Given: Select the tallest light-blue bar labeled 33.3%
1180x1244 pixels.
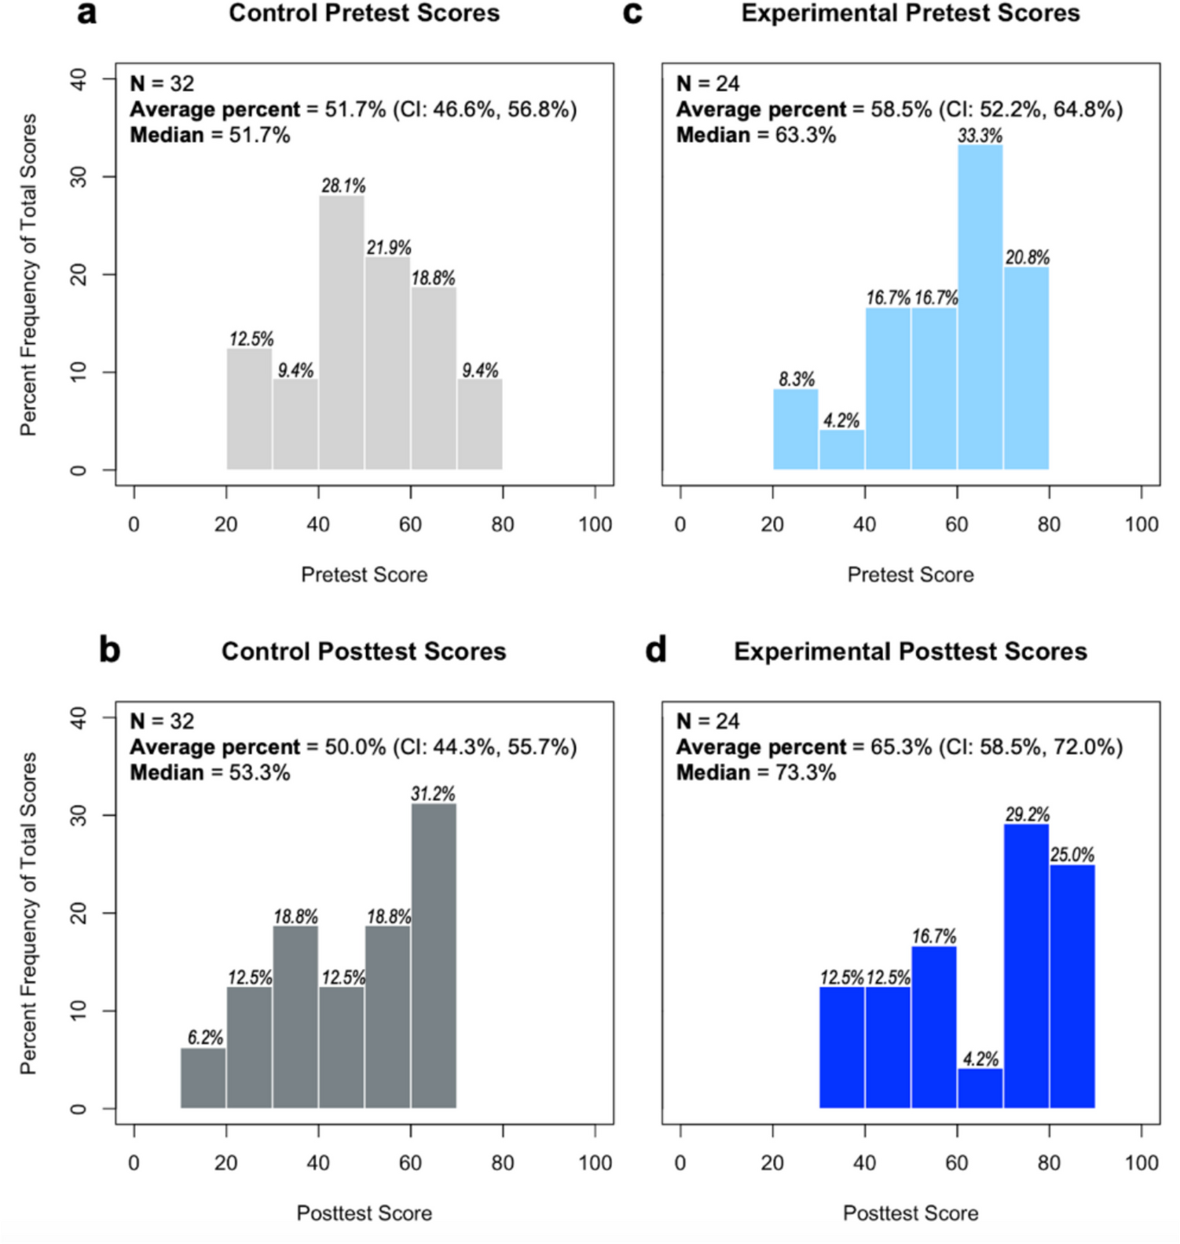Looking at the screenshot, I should tap(980, 307).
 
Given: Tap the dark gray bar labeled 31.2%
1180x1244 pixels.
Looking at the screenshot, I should tap(434, 956).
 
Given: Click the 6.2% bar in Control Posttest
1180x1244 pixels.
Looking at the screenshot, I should tap(203, 1078).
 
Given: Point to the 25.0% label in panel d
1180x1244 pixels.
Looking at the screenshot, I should tap(1072, 855).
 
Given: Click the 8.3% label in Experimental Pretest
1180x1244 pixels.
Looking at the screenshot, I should tap(797, 380).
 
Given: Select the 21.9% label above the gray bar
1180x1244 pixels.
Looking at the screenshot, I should tap(389, 248).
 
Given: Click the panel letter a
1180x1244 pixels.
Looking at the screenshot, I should tap(86, 13).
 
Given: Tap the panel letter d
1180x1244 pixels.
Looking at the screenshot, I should tap(655, 651).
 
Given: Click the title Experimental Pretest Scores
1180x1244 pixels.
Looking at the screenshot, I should tap(910, 13).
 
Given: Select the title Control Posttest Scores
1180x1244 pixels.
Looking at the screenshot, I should tap(364, 651).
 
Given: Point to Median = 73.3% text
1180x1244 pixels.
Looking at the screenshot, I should tap(756, 772).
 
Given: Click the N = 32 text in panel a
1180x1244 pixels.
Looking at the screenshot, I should tap(162, 83).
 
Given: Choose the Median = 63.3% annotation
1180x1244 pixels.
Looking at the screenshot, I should tap(756, 135).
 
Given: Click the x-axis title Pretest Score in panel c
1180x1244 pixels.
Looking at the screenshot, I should tap(910, 574).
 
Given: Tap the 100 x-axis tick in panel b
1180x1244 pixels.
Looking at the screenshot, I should tap(595, 1162).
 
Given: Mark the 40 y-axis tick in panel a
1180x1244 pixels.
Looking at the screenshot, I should tap(79, 79).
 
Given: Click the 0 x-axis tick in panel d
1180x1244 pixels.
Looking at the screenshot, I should tap(680, 1162).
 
